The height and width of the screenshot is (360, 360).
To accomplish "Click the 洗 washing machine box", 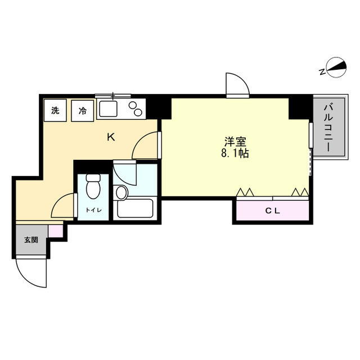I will click(55, 110).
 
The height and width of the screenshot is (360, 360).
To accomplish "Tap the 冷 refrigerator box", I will click(82, 110).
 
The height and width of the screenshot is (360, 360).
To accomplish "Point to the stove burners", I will click(136, 107).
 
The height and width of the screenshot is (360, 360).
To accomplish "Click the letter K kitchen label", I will click(111, 136).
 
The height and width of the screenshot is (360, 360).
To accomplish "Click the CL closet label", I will click(272, 211).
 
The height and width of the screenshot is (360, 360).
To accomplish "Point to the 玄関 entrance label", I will click(30, 240).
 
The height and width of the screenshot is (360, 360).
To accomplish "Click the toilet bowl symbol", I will click(93, 187).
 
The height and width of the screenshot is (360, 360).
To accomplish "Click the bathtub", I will click(136, 209).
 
